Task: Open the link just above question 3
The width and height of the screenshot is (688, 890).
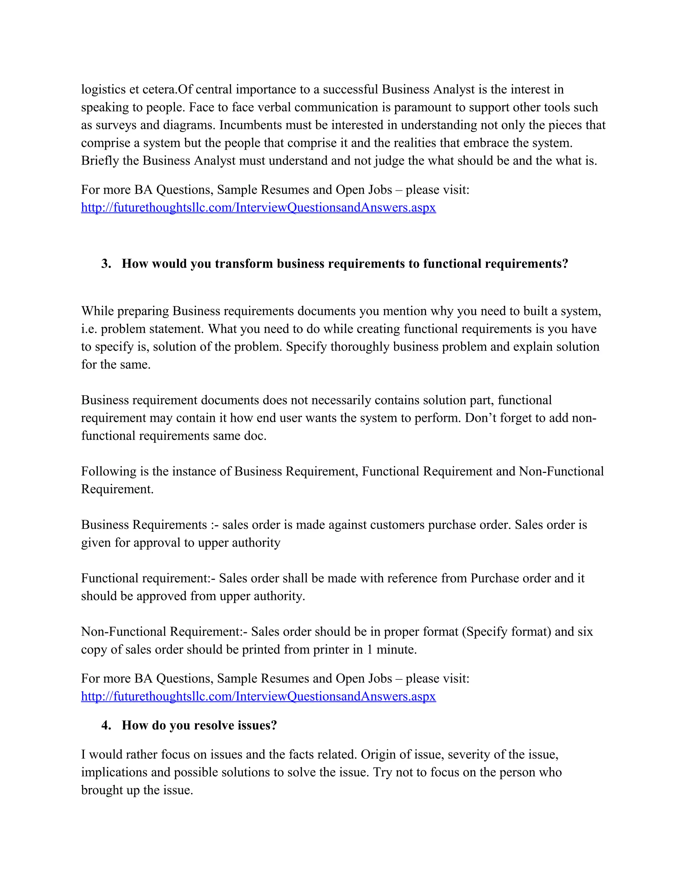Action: click(258, 208)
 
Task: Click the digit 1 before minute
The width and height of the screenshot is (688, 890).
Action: click(370, 650)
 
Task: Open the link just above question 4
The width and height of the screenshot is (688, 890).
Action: click(258, 697)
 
